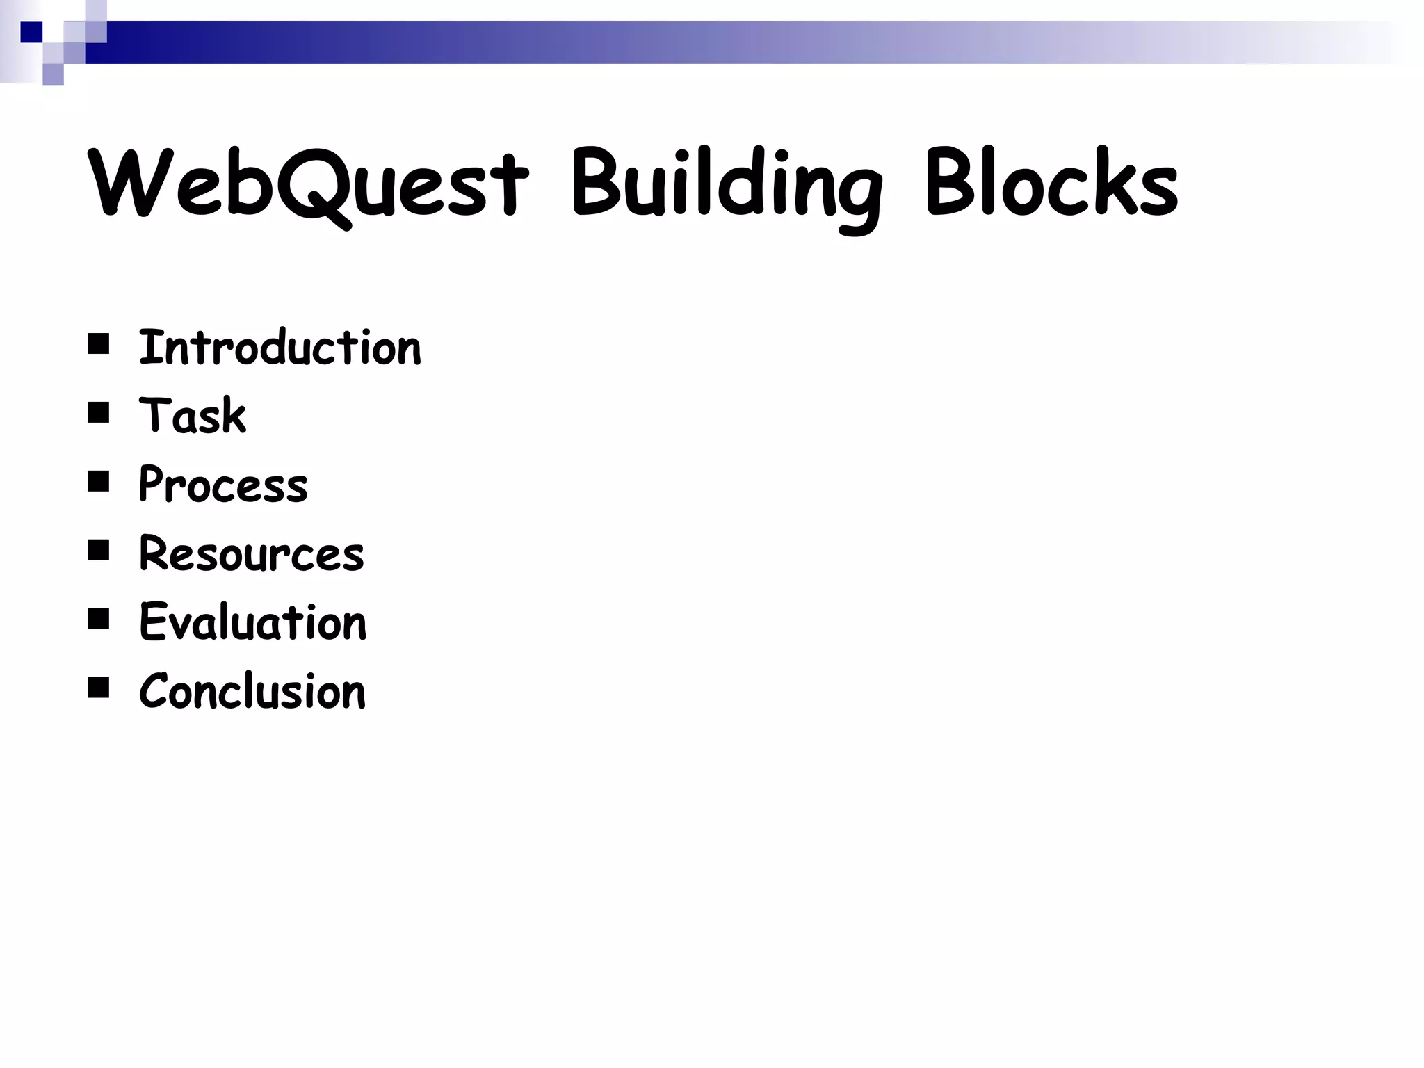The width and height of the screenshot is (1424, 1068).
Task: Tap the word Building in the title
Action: [x=727, y=188]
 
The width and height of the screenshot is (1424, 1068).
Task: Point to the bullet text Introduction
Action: [x=280, y=348]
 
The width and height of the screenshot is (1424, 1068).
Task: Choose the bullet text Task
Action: [x=193, y=416]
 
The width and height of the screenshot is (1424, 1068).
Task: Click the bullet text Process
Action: [x=223, y=485]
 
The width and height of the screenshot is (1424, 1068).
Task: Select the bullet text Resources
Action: [x=252, y=553]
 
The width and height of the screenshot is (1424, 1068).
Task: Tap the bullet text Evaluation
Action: [x=253, y=622]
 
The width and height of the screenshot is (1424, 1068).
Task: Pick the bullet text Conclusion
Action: [x=252, y=691]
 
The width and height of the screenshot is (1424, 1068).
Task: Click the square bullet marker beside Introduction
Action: [x=99, y=344]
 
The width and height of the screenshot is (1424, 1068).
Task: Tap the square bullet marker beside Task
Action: [x=99, y=413]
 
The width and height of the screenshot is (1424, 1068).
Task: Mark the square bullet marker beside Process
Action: [x=99, y=482]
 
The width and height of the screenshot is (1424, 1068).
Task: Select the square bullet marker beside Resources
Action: [x=99, y=551]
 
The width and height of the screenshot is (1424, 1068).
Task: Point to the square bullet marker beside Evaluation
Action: [x=99, y=619]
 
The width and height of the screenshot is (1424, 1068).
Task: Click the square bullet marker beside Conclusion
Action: [x=99, y=688]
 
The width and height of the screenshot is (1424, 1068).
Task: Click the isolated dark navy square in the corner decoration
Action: [x=31, y=32]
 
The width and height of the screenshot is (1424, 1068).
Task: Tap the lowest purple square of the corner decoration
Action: [x=53, y=74]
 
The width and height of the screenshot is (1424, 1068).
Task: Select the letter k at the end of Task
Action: [x=235, y=416]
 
